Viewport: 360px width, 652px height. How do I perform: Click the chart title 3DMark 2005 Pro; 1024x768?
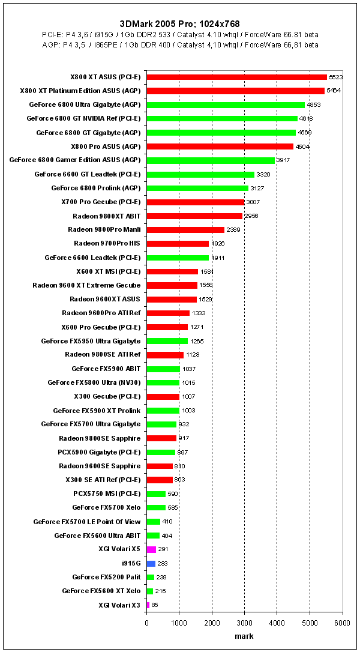(x=179, y=23)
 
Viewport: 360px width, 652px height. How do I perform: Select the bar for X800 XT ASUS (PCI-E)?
(x=236, y=77)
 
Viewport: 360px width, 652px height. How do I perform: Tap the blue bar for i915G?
(x=151, y=564)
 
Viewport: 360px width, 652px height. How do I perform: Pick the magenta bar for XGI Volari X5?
(x=151, y=549)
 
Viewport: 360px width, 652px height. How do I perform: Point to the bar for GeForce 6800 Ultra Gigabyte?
(x=226, y=104)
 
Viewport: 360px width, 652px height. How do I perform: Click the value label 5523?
(x=335, y=77)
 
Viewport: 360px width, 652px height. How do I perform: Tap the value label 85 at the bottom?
(x=155, y=605)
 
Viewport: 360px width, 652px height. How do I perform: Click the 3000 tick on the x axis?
(x=244, y=623)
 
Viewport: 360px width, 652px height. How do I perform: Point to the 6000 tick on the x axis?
(x=342, y=623)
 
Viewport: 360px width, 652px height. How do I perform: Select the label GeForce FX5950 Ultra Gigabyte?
(x=91, y=341)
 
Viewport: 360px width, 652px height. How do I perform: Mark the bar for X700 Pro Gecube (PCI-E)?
(x=196, y=202)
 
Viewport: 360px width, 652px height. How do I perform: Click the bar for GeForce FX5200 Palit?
(x=151, y=578)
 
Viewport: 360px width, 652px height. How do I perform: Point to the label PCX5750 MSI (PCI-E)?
(x=107, y=494)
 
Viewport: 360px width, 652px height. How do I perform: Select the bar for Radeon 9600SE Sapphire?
(x=160, y=466)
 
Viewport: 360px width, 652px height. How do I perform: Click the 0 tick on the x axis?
(x=147, y=623)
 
